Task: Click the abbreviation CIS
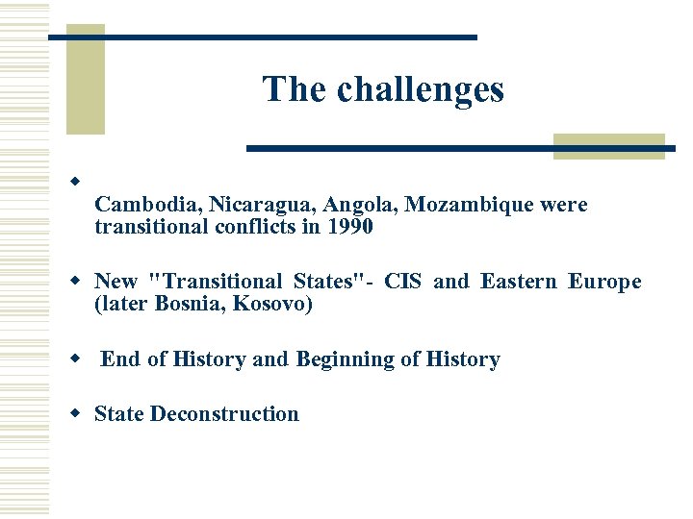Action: (403, 282)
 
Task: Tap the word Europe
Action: (604, 282)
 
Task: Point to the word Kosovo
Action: (278, 305)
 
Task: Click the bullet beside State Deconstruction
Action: (73, 413)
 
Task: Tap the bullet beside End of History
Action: (73, 358)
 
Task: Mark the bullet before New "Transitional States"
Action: (73, 281)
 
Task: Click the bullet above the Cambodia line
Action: (73, 182)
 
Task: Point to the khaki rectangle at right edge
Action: (608, 145)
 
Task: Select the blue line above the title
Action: (262, 37)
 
